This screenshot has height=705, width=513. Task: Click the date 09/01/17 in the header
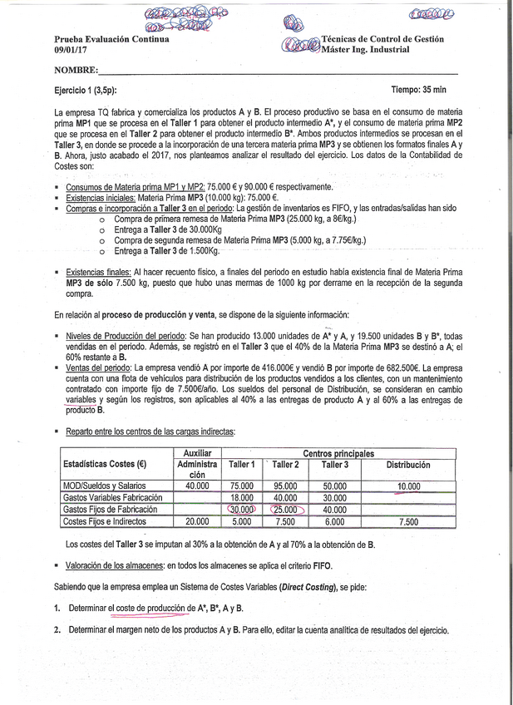[71, 50]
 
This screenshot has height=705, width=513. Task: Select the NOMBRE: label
[76, 71]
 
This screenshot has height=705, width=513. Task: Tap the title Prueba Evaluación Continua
[111, 39]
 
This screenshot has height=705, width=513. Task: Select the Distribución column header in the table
[407, 466]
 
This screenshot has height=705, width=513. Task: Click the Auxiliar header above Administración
[196, 454]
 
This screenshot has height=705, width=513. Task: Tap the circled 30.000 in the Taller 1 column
[242, 510]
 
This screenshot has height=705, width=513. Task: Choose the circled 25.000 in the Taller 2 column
[285, 510]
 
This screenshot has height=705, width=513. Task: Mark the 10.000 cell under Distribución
[408, 486]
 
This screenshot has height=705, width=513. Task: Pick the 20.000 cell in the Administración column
[197, 521]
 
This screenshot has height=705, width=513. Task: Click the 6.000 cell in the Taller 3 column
[334, 521]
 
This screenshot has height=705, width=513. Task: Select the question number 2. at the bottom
[57, 630]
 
